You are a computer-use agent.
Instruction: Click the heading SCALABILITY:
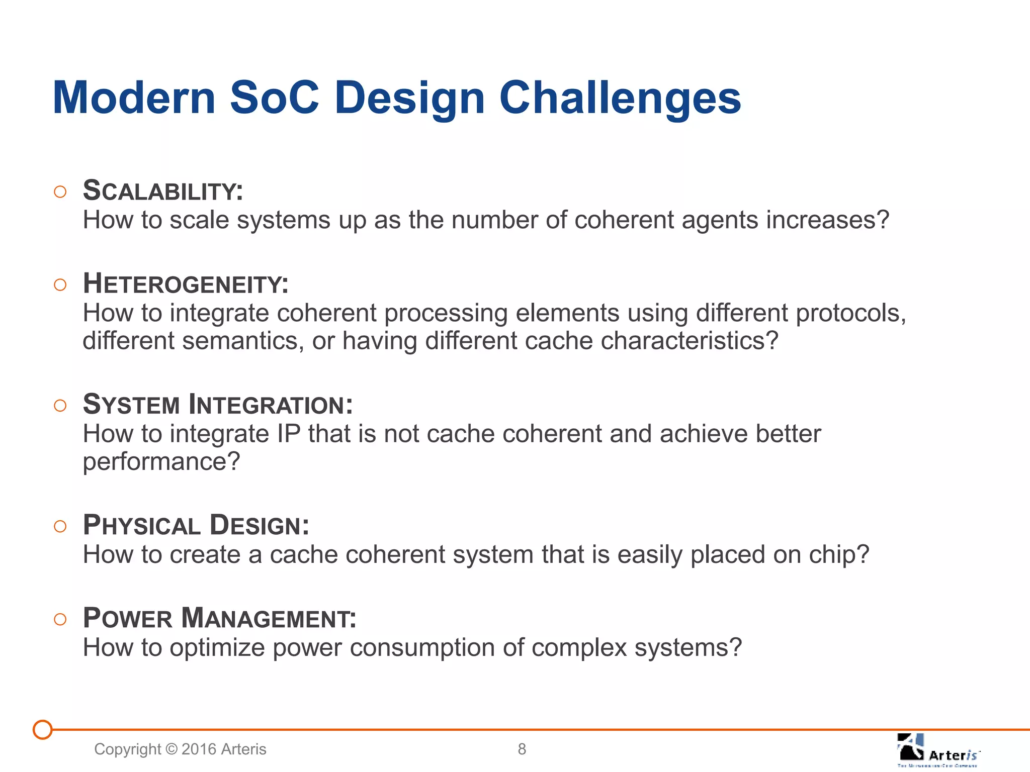163,191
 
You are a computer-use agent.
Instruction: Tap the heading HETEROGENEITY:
186,284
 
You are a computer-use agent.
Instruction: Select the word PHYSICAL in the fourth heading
142,526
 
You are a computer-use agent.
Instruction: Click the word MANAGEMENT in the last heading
269,618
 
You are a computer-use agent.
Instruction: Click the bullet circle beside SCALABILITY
60,192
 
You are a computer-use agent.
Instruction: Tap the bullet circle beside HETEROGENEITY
60,285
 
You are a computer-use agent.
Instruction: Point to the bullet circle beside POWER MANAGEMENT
60,619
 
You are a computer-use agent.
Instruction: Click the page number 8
522,749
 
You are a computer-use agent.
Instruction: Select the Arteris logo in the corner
937,750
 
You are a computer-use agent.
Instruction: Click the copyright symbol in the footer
171,749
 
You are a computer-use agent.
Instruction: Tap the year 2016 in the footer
199,749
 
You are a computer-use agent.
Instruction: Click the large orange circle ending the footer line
43,730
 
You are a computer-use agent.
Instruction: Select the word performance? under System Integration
161,462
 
